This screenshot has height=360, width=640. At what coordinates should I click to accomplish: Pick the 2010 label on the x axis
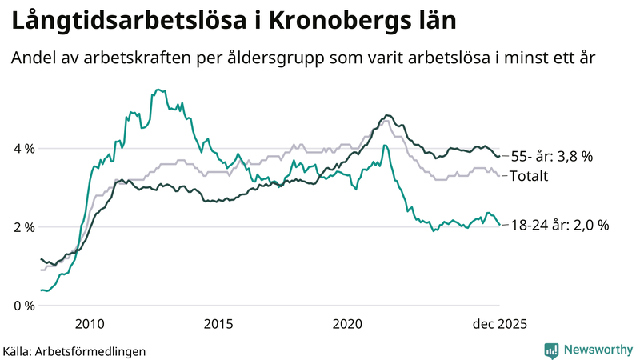click(89, 324)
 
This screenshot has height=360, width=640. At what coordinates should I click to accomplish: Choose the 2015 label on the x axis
click(218, 324)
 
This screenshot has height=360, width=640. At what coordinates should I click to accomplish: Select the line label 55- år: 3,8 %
click(553, 157)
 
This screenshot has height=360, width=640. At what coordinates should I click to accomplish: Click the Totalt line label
click(530, 175)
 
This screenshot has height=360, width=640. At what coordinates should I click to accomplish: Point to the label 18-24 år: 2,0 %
click(560, 226)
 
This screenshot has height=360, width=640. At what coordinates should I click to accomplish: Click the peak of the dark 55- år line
click(387, 115)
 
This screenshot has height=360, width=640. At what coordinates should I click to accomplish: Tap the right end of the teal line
click(499, 225)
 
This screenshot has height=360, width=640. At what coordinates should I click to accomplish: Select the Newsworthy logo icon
click(551, 350)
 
